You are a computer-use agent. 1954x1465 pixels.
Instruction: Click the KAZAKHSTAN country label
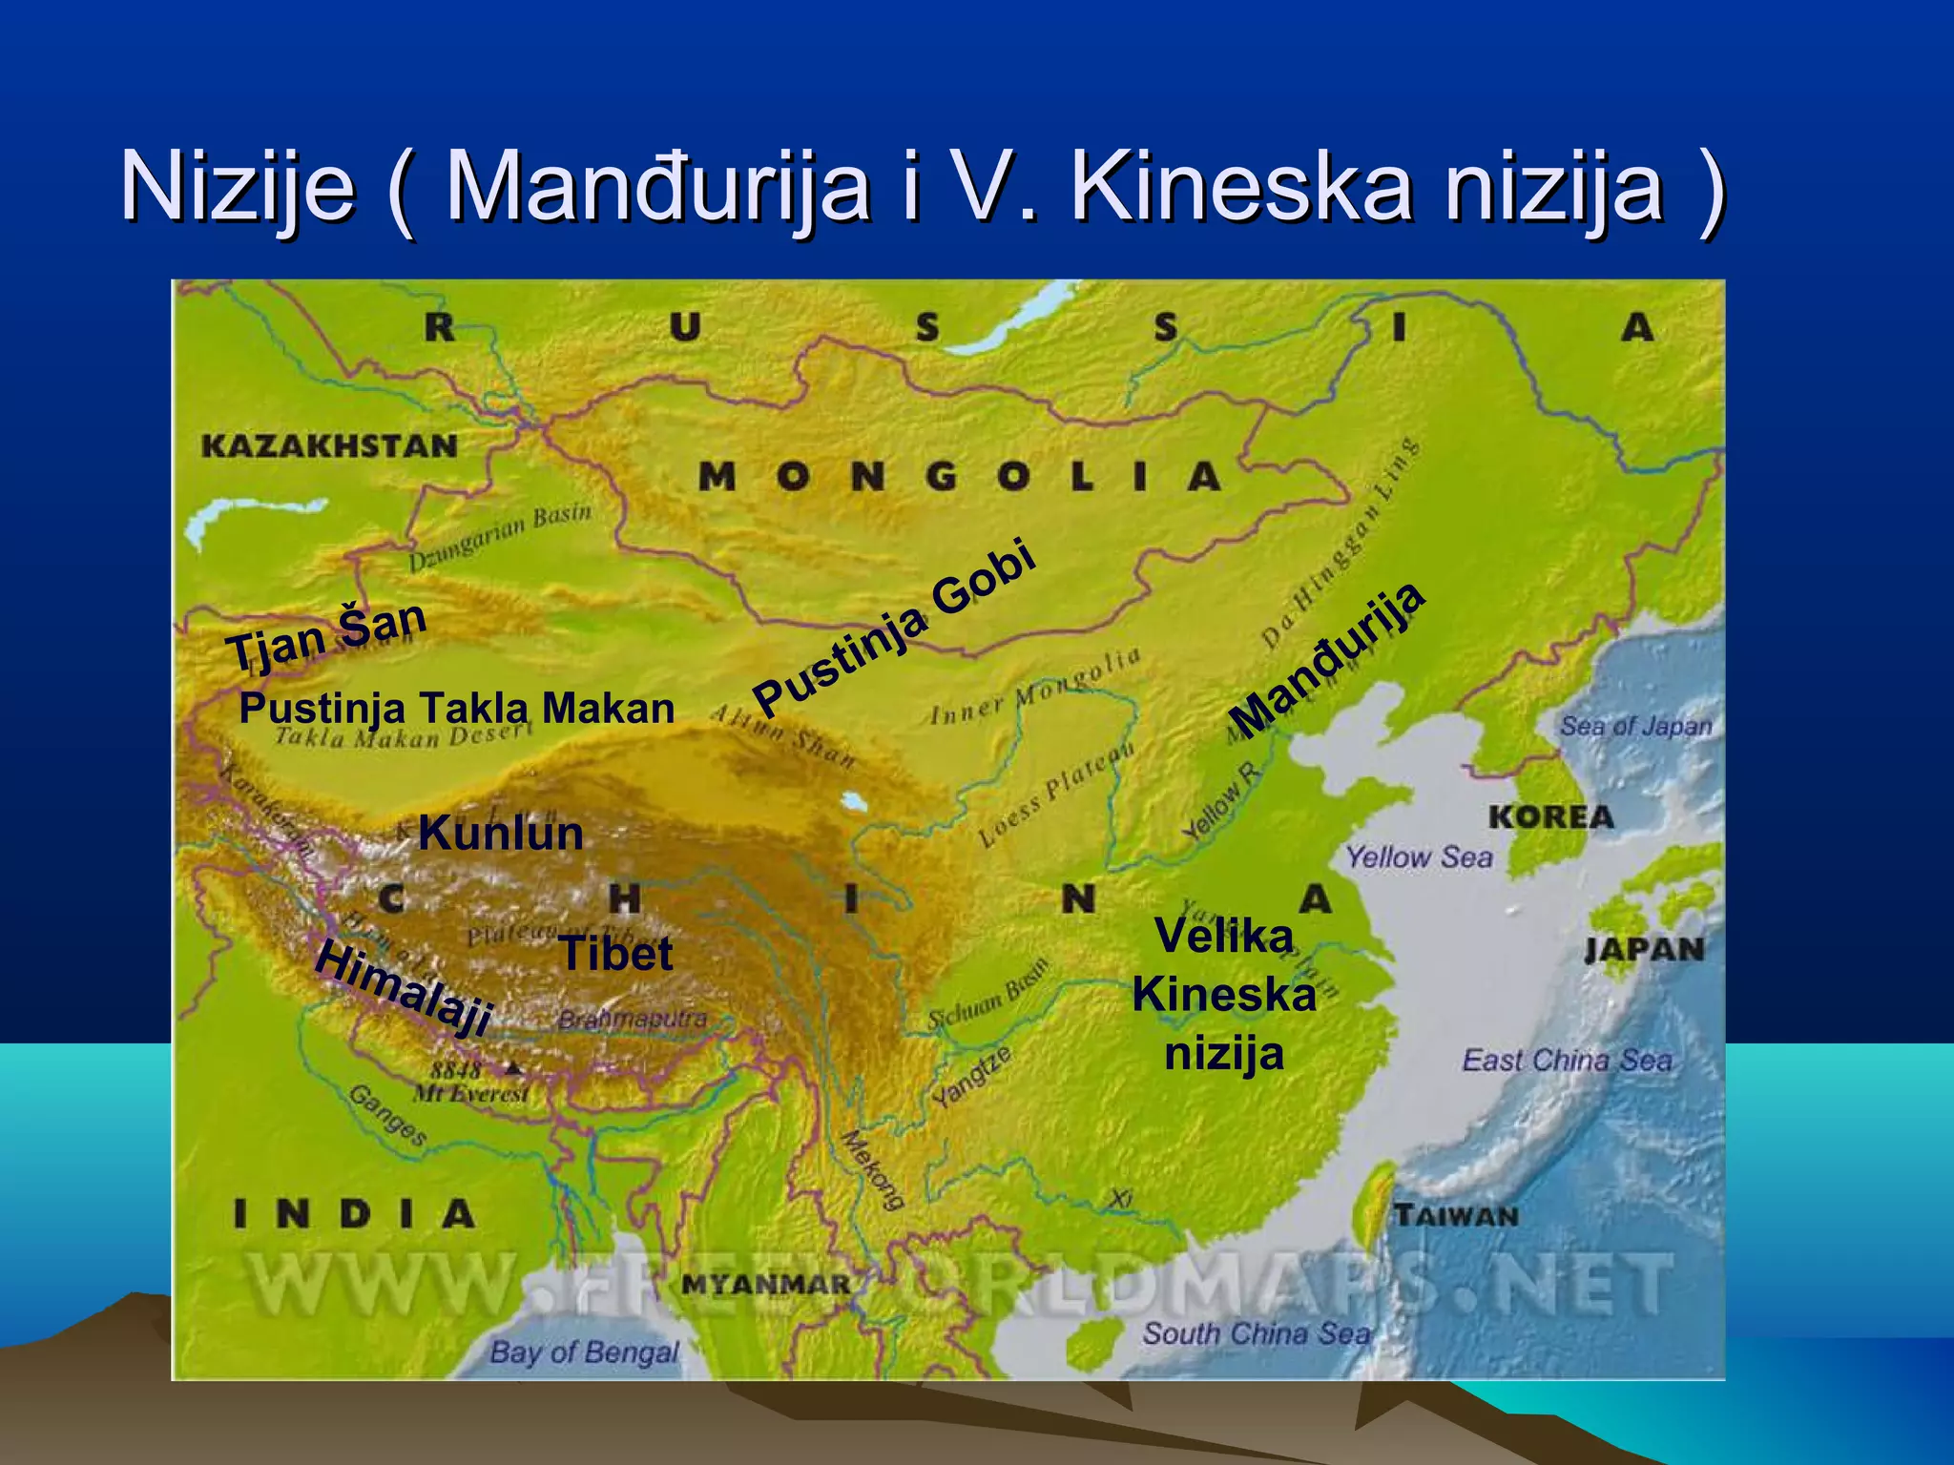point(329,445)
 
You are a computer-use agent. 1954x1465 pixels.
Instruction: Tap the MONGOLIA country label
point(959,476)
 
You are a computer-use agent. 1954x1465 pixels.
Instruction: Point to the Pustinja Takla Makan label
point(456,708)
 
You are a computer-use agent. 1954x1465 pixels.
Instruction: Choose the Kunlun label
point(501,833)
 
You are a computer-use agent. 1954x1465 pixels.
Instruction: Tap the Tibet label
point(616,953)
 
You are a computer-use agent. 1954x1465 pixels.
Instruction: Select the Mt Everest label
point(470,1094)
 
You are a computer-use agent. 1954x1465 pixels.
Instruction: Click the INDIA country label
point(355,1214)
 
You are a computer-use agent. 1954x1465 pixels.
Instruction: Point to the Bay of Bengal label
point(584,1352)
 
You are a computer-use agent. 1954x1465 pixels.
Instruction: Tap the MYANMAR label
point(766,1284)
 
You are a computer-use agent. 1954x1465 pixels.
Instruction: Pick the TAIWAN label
point(1456,1215)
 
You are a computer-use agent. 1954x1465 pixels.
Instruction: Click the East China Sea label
point(1567,1060)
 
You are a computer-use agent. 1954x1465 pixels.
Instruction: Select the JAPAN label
point(1644,949)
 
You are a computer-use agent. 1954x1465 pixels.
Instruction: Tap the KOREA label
point(1550,816)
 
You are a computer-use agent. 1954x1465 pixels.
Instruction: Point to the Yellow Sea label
point(1419,856)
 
